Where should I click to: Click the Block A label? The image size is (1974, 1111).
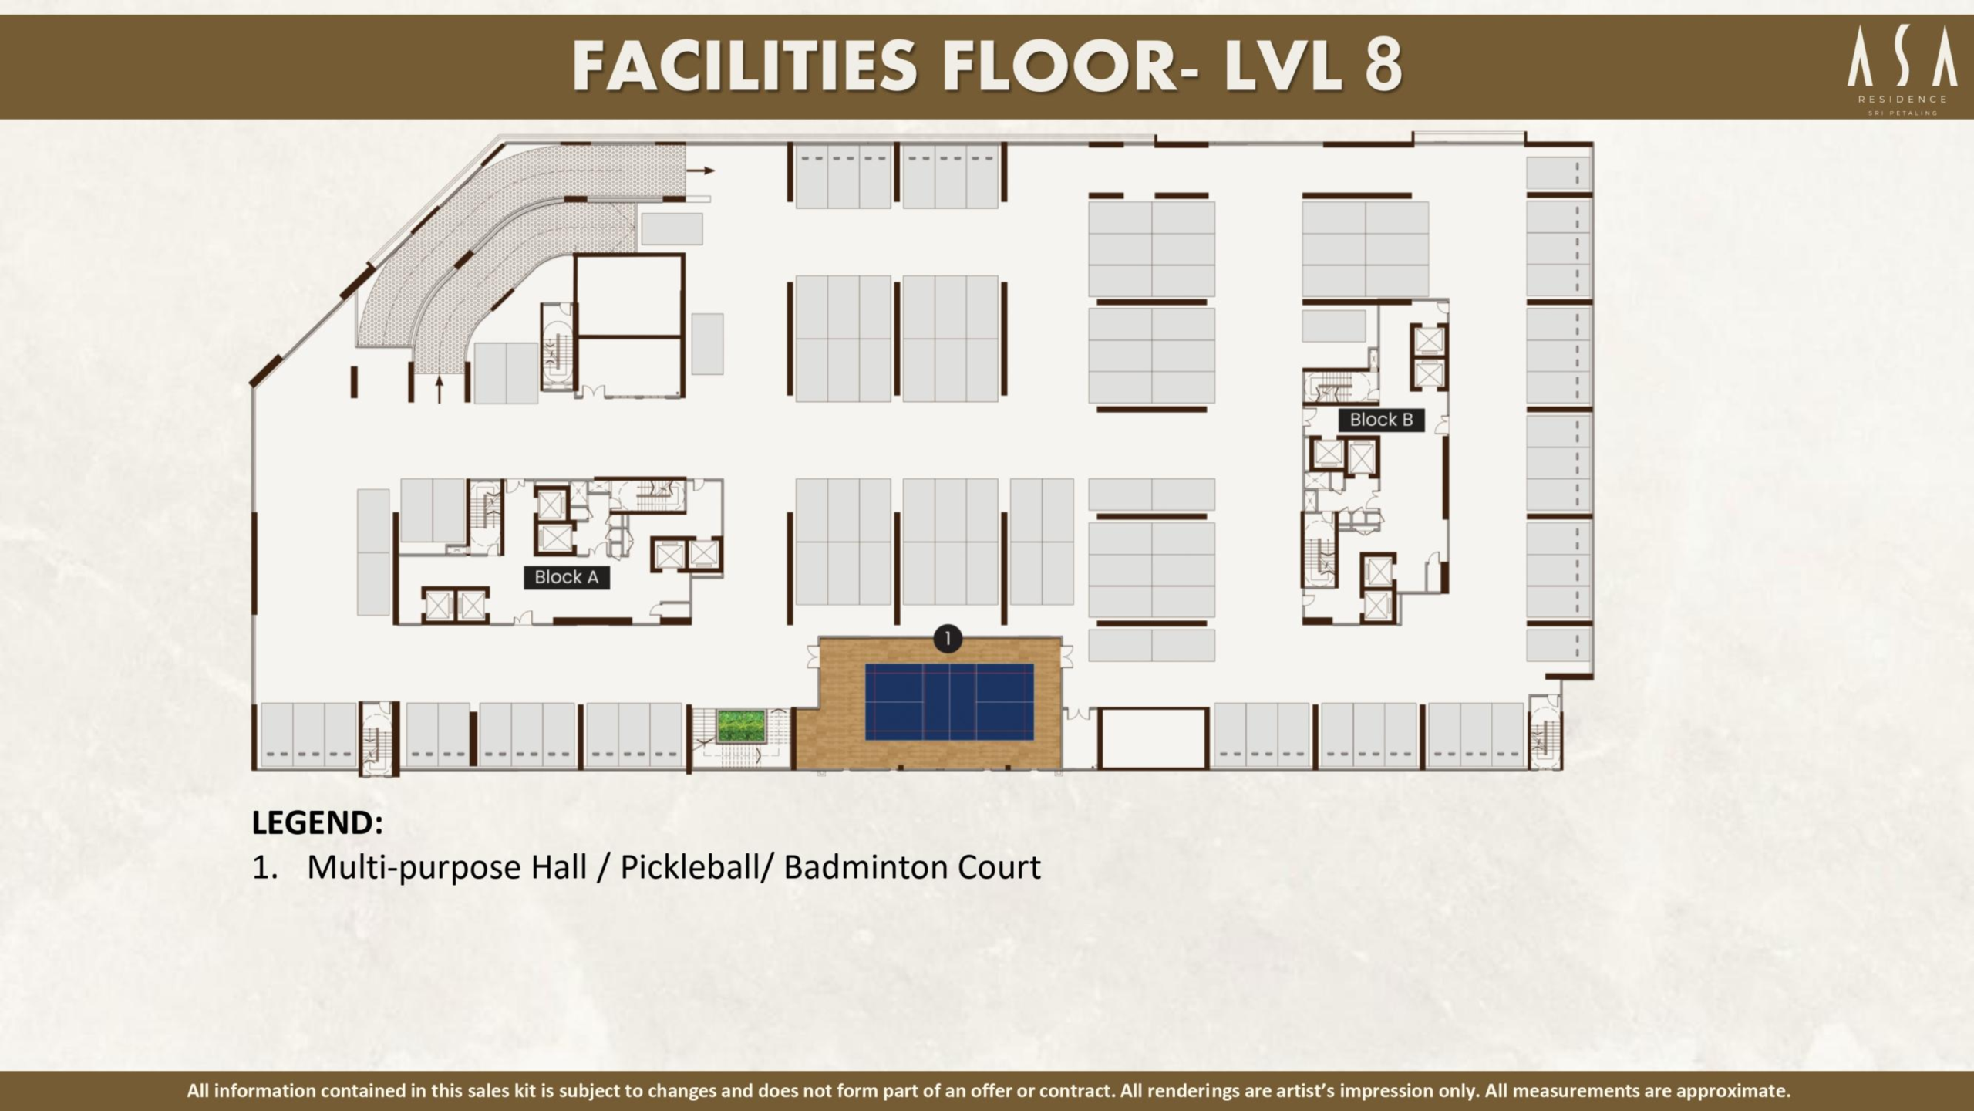coord(567,577)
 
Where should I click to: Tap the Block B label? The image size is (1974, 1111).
coord(1381,420)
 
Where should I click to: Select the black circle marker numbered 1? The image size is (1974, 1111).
coord(948,639)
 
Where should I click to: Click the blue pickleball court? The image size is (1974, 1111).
coord(949,702)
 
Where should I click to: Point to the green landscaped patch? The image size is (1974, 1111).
coord(740,726)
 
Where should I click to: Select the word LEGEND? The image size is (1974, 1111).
coord(317,822)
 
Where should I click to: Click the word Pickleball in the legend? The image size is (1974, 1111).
coord(690,868)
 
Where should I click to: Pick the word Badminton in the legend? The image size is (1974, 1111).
coord(865,867)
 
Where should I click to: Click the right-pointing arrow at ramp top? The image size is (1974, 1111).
coord(701,171)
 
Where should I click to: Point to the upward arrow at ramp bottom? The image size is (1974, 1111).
coord(440,390)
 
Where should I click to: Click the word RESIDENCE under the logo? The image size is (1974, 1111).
coord(1902,100)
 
